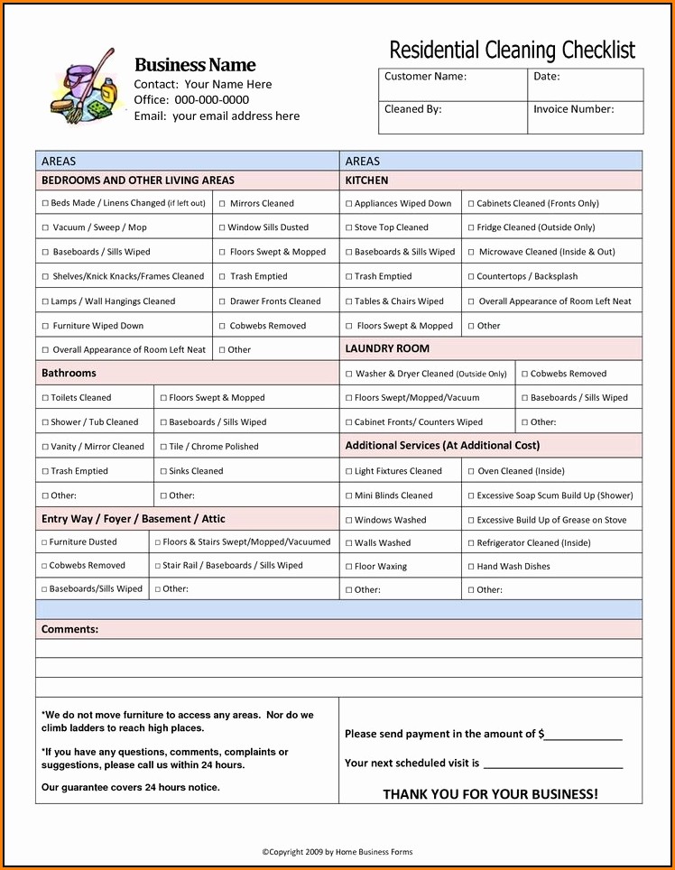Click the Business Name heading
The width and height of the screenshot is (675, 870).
point(195,65)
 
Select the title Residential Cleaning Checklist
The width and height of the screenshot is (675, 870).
point(512,50)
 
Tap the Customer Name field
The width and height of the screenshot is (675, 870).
point(452,85)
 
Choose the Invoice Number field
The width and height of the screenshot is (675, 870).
point(585,117)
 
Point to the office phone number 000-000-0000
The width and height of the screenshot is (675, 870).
point(212,100)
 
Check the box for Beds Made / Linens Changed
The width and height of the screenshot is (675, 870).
point(45,204)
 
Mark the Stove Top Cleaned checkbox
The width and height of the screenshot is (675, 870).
point(348,228)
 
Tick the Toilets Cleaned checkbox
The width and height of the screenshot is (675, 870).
point(45,398)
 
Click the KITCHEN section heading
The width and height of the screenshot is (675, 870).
point(367,180)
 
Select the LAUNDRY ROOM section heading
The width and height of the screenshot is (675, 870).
point(387,348)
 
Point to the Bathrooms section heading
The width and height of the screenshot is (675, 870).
point(69,373)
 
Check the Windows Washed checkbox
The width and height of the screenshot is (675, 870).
point(348,521)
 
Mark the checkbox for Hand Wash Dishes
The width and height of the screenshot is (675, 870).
point(470,567)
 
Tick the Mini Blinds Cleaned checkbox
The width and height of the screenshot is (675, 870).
point(348,496)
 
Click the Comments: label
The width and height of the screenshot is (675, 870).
point(69,629)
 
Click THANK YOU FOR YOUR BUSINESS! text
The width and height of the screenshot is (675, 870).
point(490,794)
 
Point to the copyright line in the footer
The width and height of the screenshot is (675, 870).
point(337,852)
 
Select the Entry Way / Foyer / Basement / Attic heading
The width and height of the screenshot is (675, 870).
point(134,519)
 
